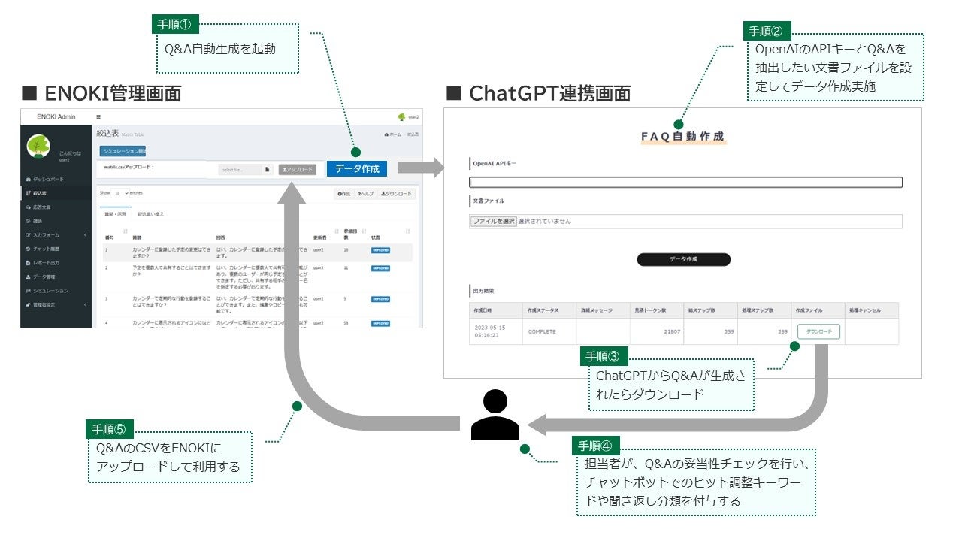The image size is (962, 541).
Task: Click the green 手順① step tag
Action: click(174, 23)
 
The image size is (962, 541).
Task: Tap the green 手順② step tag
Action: click(767, 31)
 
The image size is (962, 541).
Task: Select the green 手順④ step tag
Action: click(595, 443)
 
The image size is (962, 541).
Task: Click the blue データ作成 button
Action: click(357, 169)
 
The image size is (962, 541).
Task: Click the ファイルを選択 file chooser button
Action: click(493, 222)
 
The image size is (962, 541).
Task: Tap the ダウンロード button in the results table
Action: click(818, 331)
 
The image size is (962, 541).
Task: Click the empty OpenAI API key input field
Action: click(685, 182)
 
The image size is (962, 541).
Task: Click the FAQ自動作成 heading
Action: click(682, 137)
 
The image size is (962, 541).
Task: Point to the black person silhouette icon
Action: click(495, 415)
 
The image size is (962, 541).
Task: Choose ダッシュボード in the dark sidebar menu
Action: click(49, 180)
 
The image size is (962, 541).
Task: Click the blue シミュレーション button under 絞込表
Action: click(123, 151)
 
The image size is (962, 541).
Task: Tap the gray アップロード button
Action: click(297, 170)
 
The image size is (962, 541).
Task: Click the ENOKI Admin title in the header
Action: click(56, 116)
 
